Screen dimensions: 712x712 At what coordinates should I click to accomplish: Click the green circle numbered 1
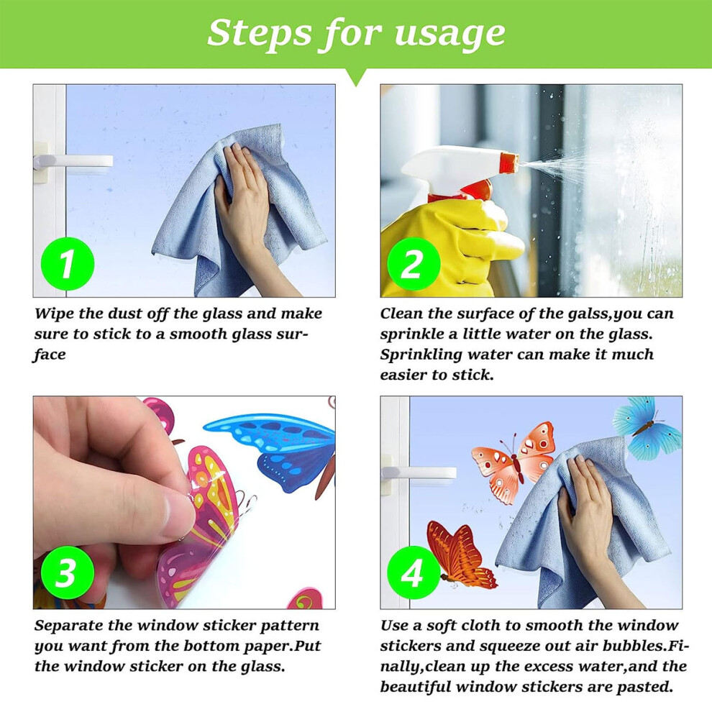[68, 264]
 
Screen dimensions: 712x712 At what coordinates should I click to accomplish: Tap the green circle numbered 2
[414, 264]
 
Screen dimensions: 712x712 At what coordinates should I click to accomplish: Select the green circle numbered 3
[68, 572]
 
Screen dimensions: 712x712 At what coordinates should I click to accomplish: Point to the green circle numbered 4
[414, 572]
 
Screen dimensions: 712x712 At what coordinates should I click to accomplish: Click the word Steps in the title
[260, 33]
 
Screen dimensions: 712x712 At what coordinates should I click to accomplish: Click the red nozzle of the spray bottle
[509, 165]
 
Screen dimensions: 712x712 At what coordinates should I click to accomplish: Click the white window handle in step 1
[73, 162]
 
